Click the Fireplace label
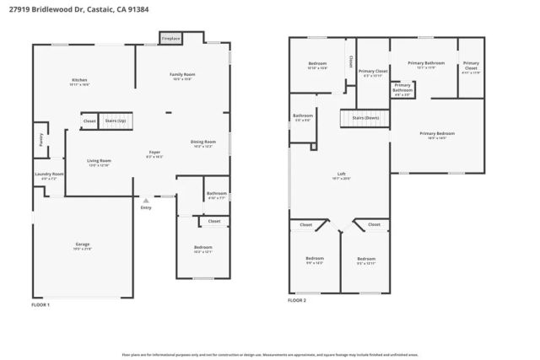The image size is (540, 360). [x=170, y=38]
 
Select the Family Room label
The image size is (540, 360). [x=182, y=75]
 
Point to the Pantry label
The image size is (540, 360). [x=40, y=140]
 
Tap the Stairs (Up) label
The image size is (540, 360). [x=115, y=121]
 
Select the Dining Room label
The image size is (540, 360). [x=202, y=142]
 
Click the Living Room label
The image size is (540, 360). [x=100, y=160]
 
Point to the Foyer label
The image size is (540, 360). [x=154, y=152]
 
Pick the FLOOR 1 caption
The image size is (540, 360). [x=40, y=304]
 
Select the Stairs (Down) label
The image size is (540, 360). [x=365, y=118]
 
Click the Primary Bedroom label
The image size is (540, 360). [x=437, y=134]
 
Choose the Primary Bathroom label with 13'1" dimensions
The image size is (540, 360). [x=426, y=63]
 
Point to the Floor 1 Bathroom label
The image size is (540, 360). [x=216, y=194]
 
